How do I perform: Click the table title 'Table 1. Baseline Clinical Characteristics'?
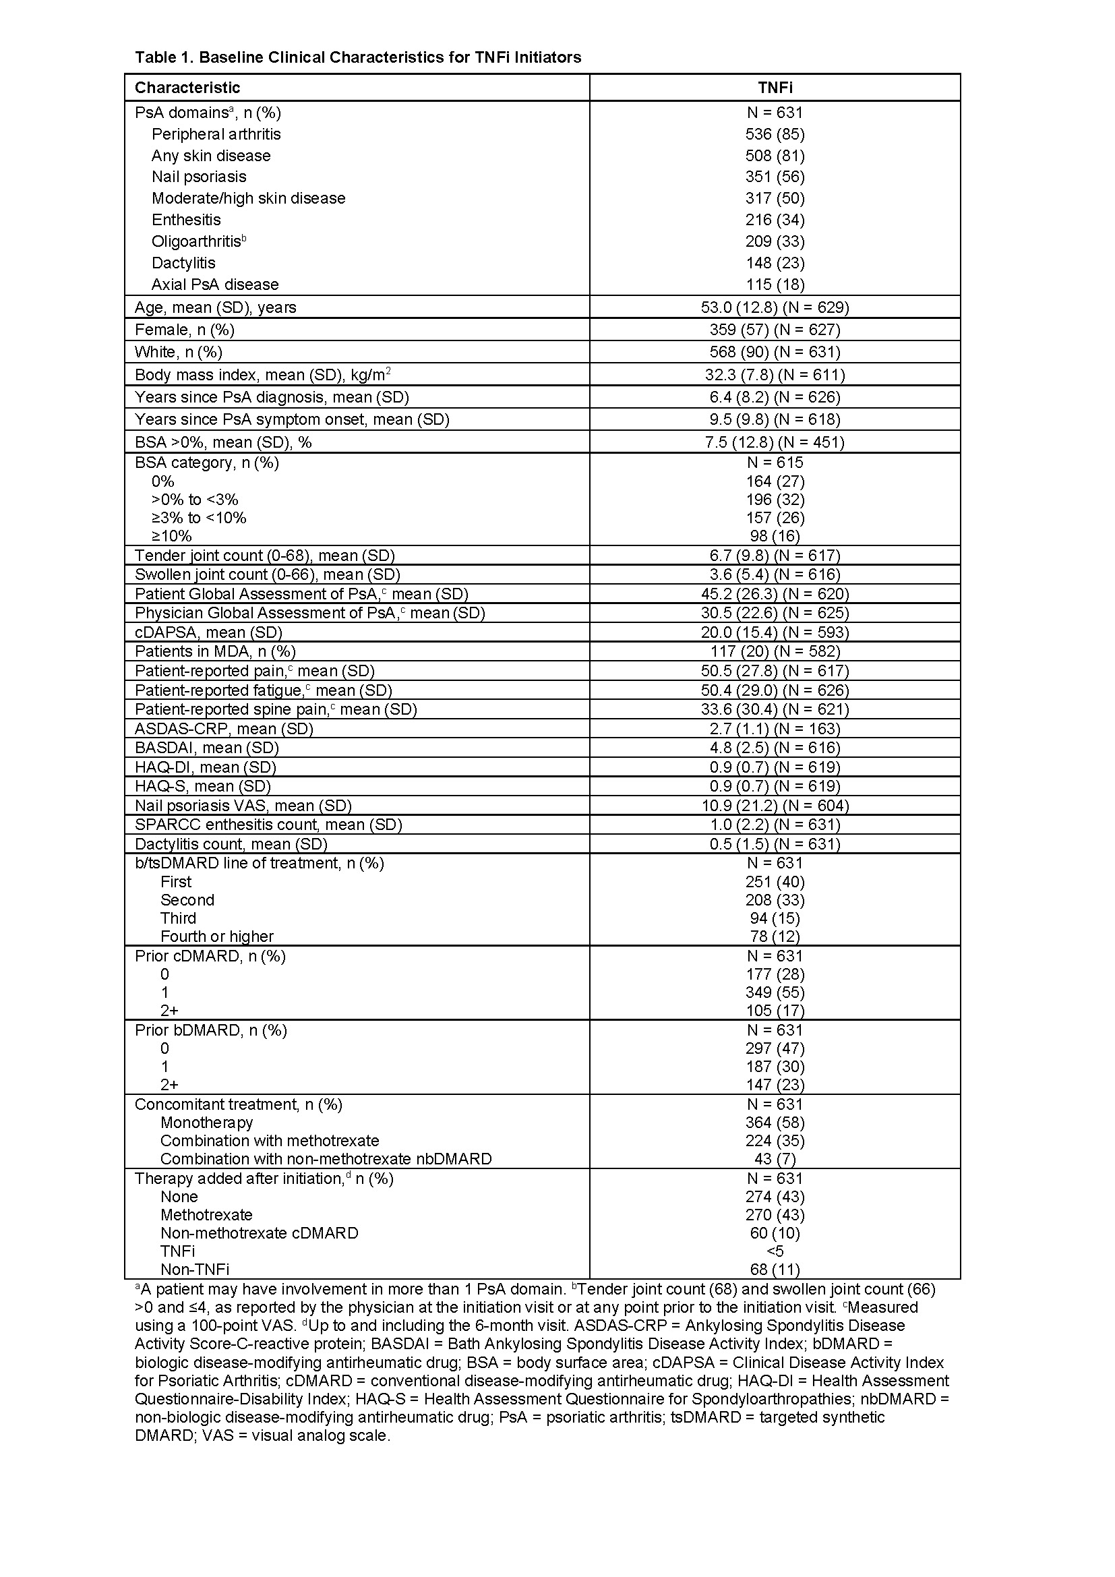(x=358, y=57)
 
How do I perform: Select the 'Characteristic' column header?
(x=187, y=87)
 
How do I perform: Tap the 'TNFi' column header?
(x=775, y=87)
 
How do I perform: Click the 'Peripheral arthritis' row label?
(x=216, y=134)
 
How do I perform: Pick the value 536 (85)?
(x=775, y=134)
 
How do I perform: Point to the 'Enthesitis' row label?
(x=186, y=220)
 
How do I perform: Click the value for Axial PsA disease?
(x=775, y=285)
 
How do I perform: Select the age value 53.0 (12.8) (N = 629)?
(x=775, y=307)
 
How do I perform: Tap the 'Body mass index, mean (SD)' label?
(x=263, y=374)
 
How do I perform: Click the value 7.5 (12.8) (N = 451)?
(x=775, y=442)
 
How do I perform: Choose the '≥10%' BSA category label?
(x=172, y=536)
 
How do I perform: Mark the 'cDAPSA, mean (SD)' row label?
(x=209, y=632)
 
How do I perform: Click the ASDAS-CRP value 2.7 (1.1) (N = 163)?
(x=775, y=729)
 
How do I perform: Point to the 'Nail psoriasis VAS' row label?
(x=243, y=805)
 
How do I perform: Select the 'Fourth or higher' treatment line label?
(x=217, y=936)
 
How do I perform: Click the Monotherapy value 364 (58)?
(x=775, y=1123)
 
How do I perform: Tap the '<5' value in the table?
(x=775, y=1251)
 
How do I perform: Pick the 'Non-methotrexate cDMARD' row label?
(x=260, y=1233)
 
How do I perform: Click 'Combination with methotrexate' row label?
(x=270, y=1140)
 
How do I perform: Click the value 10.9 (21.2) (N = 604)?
(x=775, y=805)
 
